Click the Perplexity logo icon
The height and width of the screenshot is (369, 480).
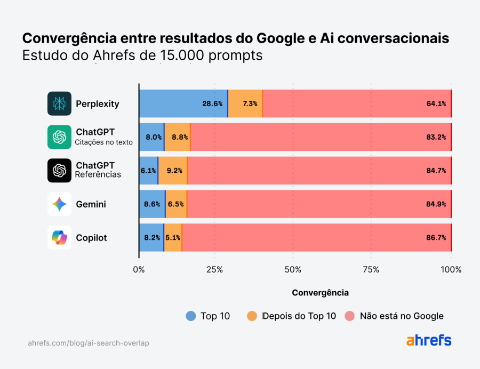(59, 103)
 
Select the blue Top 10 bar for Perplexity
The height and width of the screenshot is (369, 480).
(183, 103)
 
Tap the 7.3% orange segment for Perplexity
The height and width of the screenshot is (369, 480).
(245, 103)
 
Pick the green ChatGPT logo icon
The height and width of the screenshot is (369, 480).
(59, 137)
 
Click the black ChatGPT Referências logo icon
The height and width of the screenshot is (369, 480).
(59, 171)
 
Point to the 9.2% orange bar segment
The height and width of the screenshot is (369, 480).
(173, 171)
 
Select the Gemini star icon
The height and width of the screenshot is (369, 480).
(59, 204)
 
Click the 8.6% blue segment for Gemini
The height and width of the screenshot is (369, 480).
(152, 204)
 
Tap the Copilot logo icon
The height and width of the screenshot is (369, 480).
(59, 238)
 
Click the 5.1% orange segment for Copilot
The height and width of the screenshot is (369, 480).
(173, 238)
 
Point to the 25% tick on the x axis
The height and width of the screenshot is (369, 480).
(214, 269)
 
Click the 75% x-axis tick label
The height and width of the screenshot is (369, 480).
(371, 269)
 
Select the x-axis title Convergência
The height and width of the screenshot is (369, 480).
(320, 293)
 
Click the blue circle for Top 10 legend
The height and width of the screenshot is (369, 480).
(191, 316)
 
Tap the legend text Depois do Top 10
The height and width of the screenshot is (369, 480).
(300, 316)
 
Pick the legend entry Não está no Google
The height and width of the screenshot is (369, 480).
(402, 316)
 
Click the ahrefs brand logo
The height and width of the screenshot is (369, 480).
(429, 341)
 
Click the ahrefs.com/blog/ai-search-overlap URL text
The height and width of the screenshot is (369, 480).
(89, 343)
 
